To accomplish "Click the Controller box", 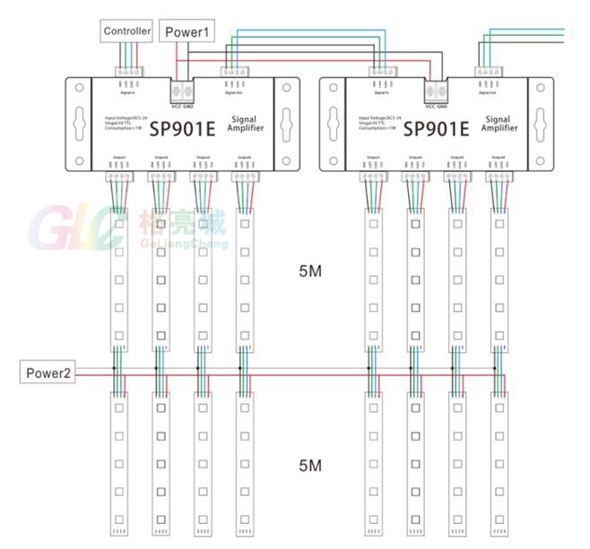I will [x=126, y=31].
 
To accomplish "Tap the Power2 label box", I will [x=48, y=373].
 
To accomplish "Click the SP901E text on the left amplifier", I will [x=183, y=128].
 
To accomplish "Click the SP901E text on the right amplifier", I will [x=437, y=128].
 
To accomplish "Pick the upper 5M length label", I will [x=309, y=270].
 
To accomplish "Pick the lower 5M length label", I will [x=309, y=466].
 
